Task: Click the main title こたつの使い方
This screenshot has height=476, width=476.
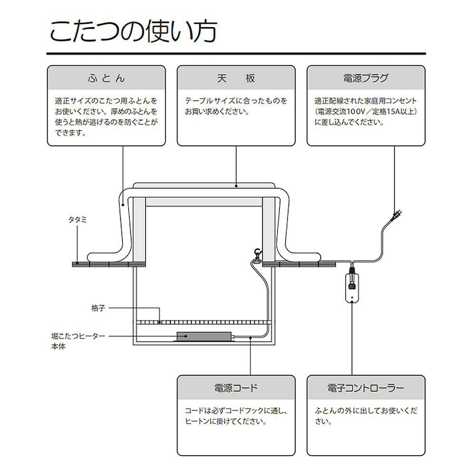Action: pyautogui.click(x=133, y=32)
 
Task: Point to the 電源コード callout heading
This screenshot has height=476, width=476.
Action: pyautogui.click(x=236, y=388)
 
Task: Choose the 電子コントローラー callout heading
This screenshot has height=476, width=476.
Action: pyautogui.click(x=366, y=388)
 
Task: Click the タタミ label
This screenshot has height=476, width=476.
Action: pyautogui.click(x=76, y=220)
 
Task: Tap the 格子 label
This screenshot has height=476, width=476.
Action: pyautogui.click(x=98, y=308)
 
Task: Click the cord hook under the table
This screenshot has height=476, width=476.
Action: pyautogui.click(x=258, y=255)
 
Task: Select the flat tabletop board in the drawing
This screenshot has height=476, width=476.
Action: pyautogui.click(x=205, y=186)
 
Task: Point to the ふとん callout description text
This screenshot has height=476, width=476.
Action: pyautogui.click(x=106, y=117)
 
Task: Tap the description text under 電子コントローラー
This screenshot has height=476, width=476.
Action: pyautogui.click(x=366, y=416)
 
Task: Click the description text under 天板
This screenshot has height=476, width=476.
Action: pyautogui.click(x=236, y=107)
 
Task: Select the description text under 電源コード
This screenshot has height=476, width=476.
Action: pyautogui.click(x=236, y=416)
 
